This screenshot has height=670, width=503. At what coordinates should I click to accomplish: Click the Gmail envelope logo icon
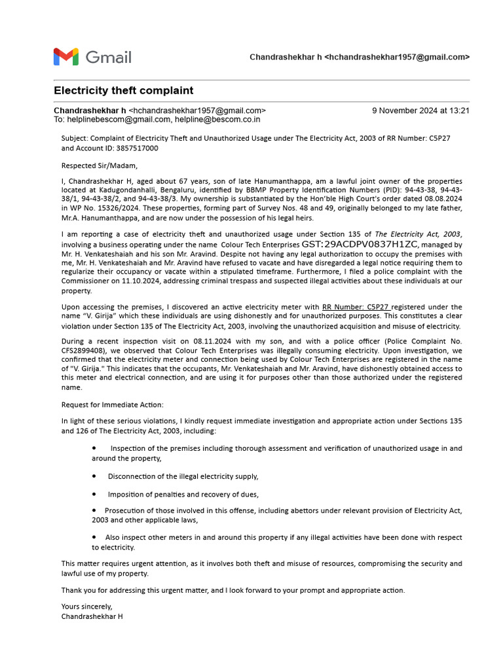tap(66, 57)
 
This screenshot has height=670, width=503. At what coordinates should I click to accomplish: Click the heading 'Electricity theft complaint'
tap(124, 90)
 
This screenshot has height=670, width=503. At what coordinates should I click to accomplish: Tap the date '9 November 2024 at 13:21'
tap(420, 111)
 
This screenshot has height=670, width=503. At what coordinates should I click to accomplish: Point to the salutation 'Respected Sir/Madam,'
tap(100, 166)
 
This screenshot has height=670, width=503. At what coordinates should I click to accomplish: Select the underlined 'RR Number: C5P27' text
tap(356, 306)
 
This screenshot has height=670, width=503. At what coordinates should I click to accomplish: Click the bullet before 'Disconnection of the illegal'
tap(94, 476)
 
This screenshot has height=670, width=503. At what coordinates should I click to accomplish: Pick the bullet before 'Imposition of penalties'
tap(94, 494)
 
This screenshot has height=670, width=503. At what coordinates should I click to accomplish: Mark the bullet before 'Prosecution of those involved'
tap(94, 510)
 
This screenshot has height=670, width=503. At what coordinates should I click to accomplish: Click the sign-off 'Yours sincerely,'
tap(87, 607)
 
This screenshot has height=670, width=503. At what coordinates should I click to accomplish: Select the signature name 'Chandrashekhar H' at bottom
tap(92, 616)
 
